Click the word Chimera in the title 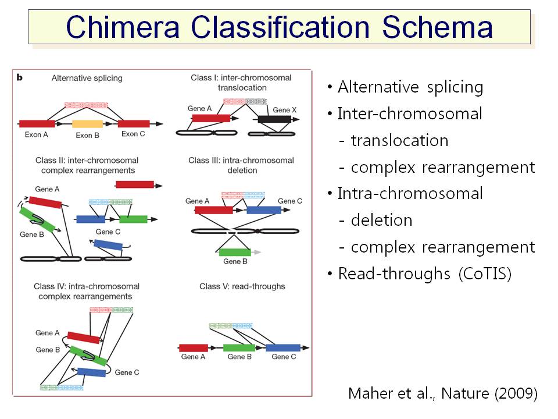[x=123, y=27]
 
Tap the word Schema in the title [x=437, y=27]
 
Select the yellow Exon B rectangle [x=88, y=123]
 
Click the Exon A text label [x=36, y=134]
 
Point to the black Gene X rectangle [x=274, y=119]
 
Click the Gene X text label [x=284, y=110]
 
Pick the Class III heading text [x=241, y=165]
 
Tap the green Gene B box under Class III [x=235, y=252]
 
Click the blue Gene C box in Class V [x=283, y=348]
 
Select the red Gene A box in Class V [x=193, y=348]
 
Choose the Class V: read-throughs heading [x=242, y=286]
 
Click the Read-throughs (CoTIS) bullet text [x=424, y=274]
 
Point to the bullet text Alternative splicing [x=410, y=87]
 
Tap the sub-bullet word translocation [x=400, y=140]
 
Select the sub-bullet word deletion [x=381, y=220]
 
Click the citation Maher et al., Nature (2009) [x=443, y=393]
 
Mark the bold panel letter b [x=20, y=77]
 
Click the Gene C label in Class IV [x=127, y=372]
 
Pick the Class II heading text [x=87, y=165]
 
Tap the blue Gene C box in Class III [x=264, y=210]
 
